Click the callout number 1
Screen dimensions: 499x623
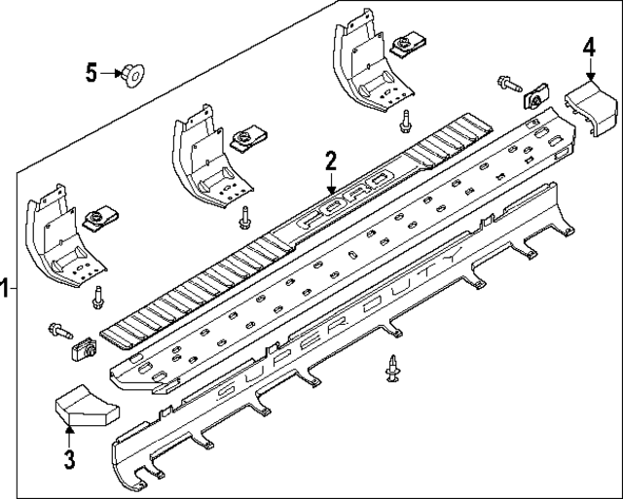[6, 288]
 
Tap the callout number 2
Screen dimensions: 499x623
[331, 160]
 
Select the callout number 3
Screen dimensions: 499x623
[69, 458]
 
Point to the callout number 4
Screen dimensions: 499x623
[589, 46]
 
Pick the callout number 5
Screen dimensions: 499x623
[92, 72]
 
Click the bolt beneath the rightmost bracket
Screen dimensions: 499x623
[404, 122]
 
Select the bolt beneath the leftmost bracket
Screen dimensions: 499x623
[97, 299]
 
